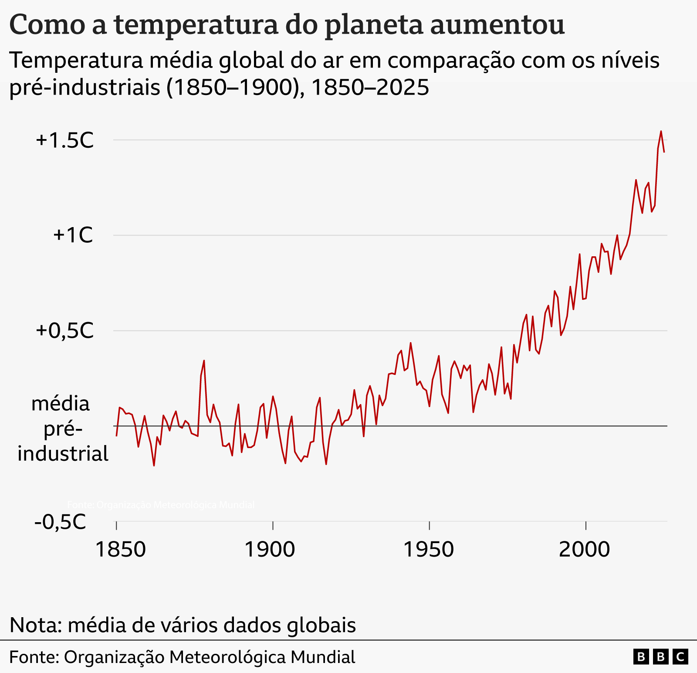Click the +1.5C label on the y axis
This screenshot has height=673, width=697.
tap(65, 140)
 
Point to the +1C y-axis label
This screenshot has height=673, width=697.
tap(73, 235)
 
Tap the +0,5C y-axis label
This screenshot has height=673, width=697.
tap(65, 331)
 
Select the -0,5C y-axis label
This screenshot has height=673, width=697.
tap(60, 522)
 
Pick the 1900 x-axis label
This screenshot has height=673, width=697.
tap(270, 549)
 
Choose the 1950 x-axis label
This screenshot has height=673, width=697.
tap(429, 549)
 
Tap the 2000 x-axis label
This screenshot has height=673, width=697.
tap(584, 549)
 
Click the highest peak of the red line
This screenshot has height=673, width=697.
tap(661, 131)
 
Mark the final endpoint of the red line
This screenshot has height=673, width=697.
tap(664, 152)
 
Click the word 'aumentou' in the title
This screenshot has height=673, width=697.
tap(497, 25)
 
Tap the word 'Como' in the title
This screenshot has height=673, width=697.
tap(47, 25)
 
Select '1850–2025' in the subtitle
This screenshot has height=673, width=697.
tap(370, 88)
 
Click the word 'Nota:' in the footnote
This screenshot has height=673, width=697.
tap(36, 625)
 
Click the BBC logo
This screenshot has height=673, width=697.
tap(660, 656)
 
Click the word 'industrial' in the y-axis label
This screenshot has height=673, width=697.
tap(63, 454)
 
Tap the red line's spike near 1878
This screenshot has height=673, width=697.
tap(204, 360)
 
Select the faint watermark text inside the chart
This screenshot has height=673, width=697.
tap(161, 505)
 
